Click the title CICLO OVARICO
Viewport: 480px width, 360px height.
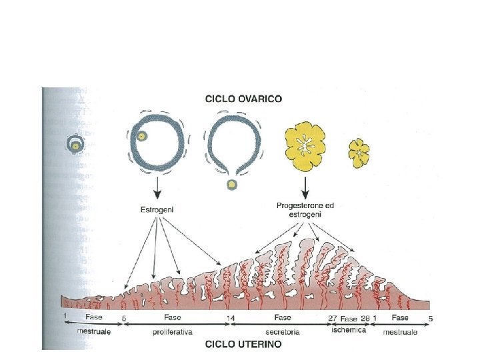[x=243, y=99]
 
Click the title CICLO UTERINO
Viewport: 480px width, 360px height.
[x=243, y=345]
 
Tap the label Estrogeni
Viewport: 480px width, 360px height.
[x=157, y=210]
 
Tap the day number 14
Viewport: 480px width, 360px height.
[x=231, y=318]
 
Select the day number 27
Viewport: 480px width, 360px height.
[x=333, y=318]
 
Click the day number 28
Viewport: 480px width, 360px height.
[x=365, y=318]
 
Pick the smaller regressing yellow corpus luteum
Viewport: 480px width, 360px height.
[x=360, y=152]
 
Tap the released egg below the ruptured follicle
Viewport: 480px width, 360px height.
[x=231, y=184]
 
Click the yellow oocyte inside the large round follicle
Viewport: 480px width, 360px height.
[x=141, y=136]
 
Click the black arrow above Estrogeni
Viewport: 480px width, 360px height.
[x=157, y=189]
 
